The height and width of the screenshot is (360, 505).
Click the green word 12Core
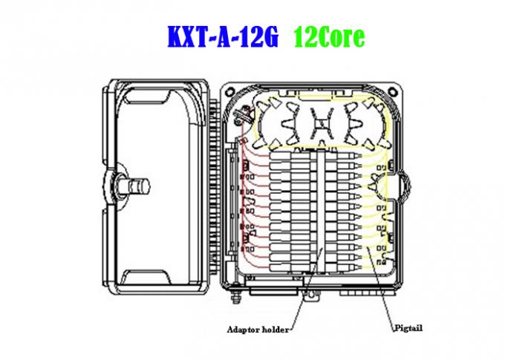tap(329, 37)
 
